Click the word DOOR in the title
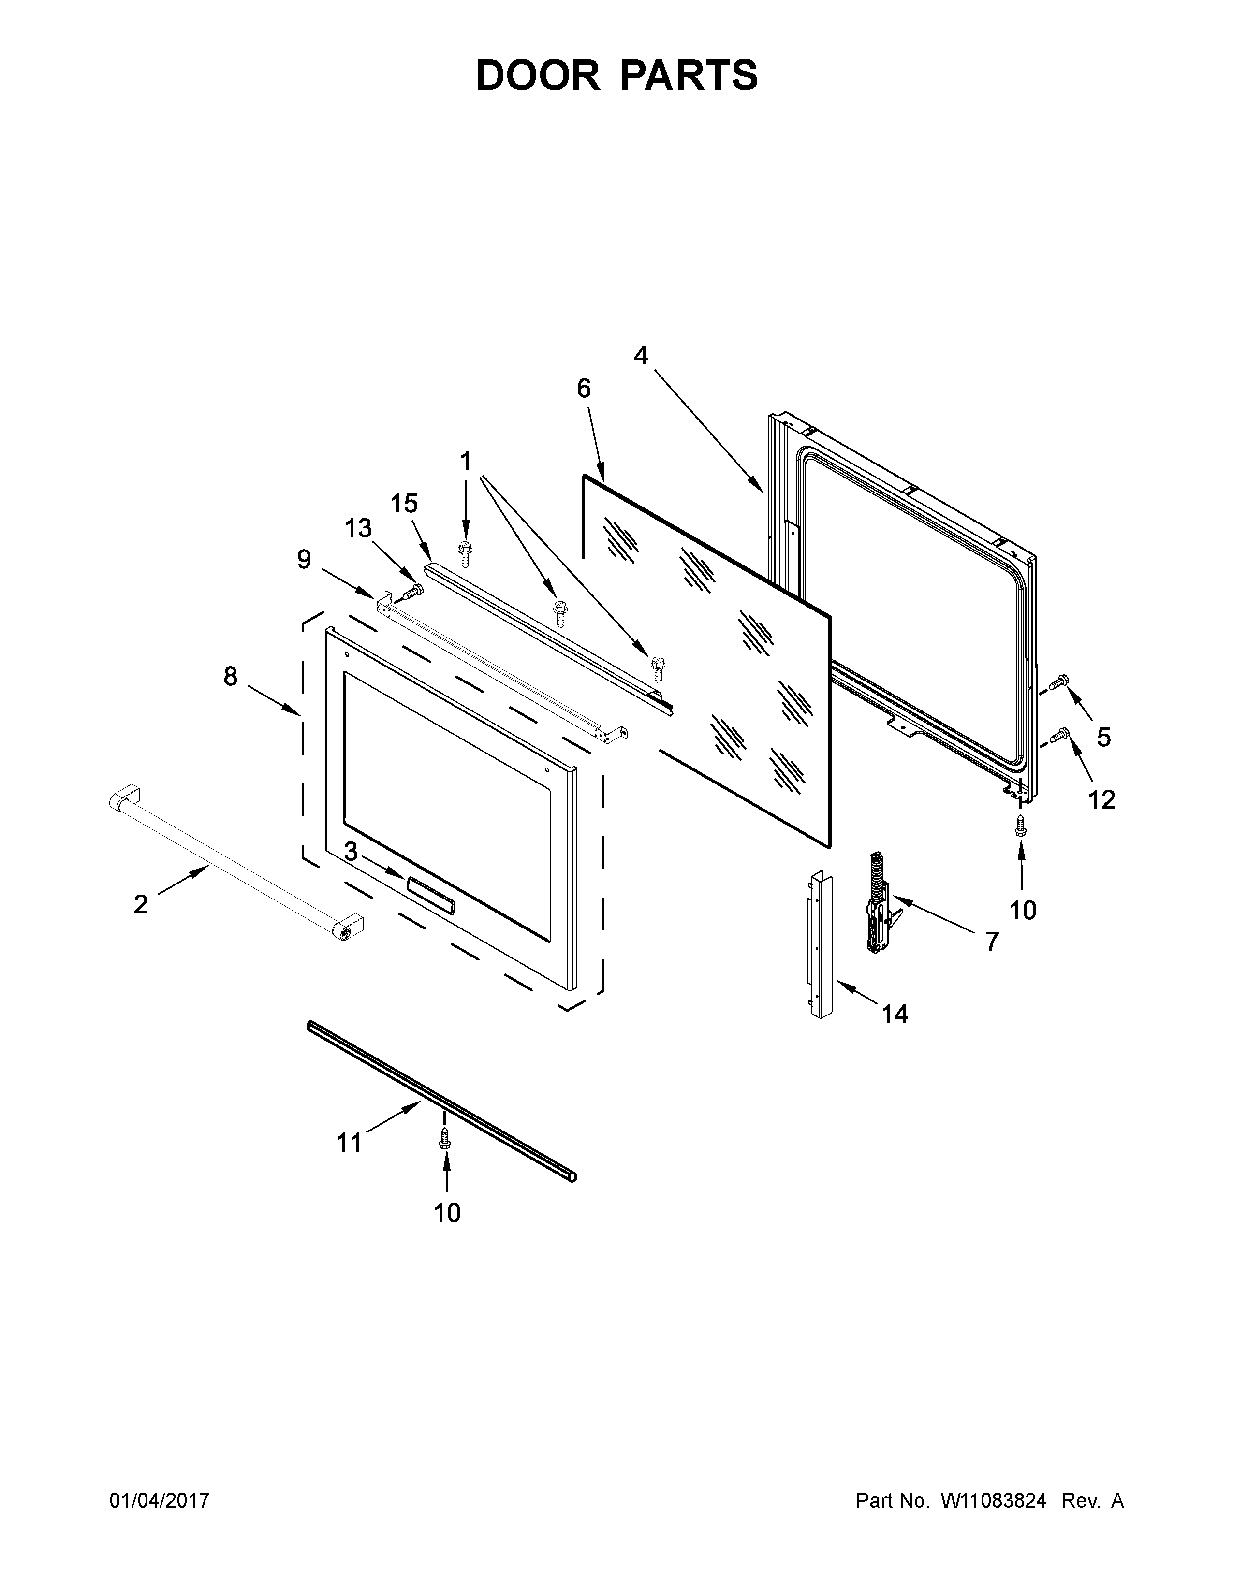537,76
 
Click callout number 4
641,356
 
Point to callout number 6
584,389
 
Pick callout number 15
404,503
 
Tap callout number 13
358,528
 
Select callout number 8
230,677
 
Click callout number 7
991,942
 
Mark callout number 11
349,1142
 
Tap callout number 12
1102,800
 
